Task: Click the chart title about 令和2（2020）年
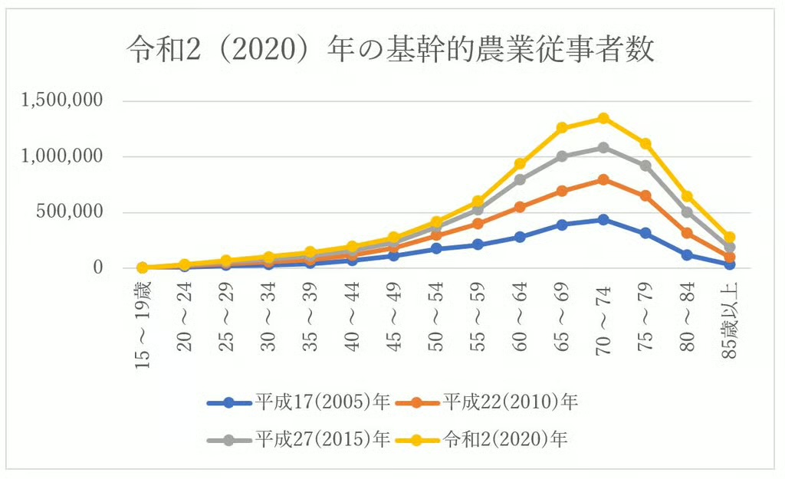392,51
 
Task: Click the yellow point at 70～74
603,118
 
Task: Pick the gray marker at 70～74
603,147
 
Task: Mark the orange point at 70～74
603,179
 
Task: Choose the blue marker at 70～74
603,220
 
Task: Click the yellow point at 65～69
562,128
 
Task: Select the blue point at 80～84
687,254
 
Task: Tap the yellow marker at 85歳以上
729,238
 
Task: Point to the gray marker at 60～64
520,179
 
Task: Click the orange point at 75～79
645,195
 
